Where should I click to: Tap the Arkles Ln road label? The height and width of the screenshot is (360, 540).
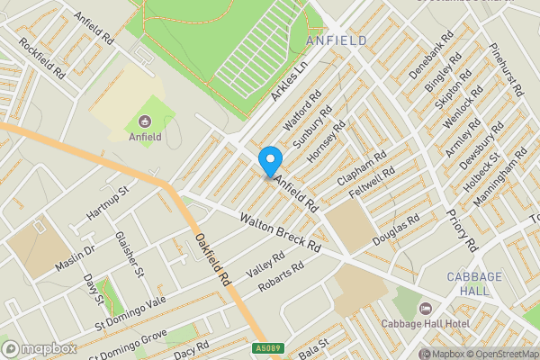point(289,81)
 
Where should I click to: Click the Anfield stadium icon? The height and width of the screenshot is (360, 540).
point(144,121)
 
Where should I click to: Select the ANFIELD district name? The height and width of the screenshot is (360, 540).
point(336,41)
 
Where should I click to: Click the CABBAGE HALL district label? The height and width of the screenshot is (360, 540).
point(468,283)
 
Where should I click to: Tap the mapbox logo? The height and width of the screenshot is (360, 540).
point(39,348)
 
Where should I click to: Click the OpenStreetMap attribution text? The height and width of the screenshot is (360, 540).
point(500,354)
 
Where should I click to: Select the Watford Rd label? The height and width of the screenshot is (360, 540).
point(303,111)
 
